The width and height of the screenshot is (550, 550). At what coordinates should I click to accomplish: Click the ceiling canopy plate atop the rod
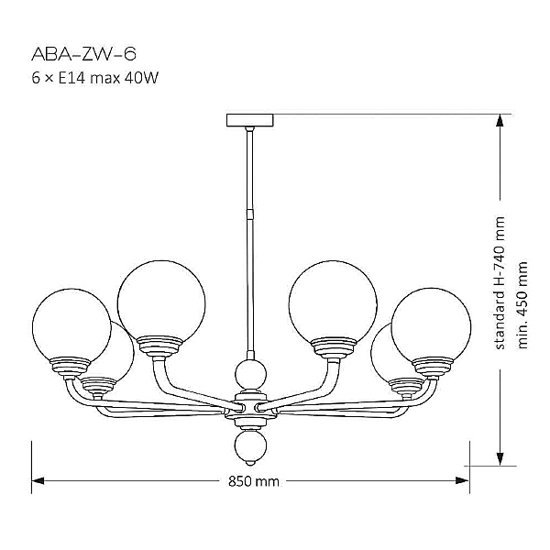(250, 120)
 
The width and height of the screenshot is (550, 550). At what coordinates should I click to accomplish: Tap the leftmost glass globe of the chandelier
(71, 323)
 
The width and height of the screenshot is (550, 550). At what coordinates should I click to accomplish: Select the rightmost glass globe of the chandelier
(431, 324)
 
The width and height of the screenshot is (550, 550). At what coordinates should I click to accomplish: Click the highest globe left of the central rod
(160, 299)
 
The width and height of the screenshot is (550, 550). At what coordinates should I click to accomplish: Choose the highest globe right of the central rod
(333, 299)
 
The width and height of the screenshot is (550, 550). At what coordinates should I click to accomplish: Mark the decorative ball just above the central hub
(249, 373)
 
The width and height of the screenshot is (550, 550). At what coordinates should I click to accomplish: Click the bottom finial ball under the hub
(249, 446)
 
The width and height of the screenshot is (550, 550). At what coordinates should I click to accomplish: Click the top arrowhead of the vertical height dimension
(500, 122)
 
